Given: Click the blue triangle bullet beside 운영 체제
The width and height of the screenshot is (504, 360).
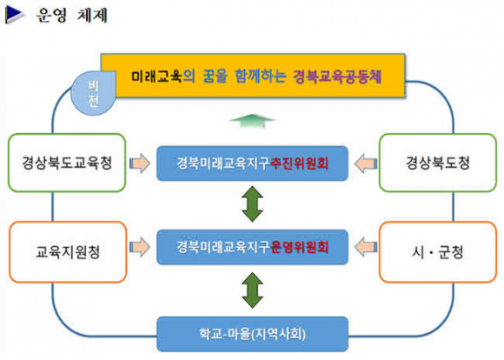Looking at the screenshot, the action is [x=14, y=15].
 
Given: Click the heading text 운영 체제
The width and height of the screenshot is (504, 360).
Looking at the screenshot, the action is [x=71, y=15].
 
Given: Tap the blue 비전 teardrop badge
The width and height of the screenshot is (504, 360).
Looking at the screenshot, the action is [x=93, y=93].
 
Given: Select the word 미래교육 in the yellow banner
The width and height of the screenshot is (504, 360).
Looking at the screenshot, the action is [x=156, y=77].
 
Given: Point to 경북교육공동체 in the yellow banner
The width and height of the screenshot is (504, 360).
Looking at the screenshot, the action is [x=337, y=77].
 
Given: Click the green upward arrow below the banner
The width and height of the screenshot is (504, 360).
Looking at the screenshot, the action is [x=252, y=121].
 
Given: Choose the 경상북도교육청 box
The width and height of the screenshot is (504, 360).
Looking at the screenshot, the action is [x=67, y=163].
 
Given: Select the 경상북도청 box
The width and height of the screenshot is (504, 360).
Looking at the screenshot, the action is [x=438, y=163].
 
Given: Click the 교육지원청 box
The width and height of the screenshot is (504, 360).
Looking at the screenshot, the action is [x=68, y=252].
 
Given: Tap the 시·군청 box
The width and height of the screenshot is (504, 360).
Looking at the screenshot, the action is [x=438, y=252].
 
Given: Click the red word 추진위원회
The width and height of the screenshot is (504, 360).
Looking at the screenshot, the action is [x=299, y=163].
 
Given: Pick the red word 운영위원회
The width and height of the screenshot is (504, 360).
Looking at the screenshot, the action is [x=299, y=247].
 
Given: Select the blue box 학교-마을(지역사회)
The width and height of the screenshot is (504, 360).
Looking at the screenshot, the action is [x=252, y=334].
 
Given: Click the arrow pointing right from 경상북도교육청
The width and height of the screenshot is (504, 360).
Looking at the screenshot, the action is [x=140, y=163].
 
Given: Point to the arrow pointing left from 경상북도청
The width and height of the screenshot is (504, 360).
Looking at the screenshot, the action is [x=366, y=163].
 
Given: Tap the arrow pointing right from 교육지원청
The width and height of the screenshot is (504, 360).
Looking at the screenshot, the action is [x=140, y=247].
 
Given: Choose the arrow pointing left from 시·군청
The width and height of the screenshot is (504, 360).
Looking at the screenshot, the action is [x=366, y=247].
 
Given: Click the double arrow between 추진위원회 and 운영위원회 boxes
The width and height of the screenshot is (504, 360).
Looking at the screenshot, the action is [x=252, y=204].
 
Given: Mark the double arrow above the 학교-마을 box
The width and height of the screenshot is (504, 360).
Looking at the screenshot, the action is [x=252, y=290].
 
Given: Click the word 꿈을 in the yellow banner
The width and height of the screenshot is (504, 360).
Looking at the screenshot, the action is [x=215, y=77].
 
